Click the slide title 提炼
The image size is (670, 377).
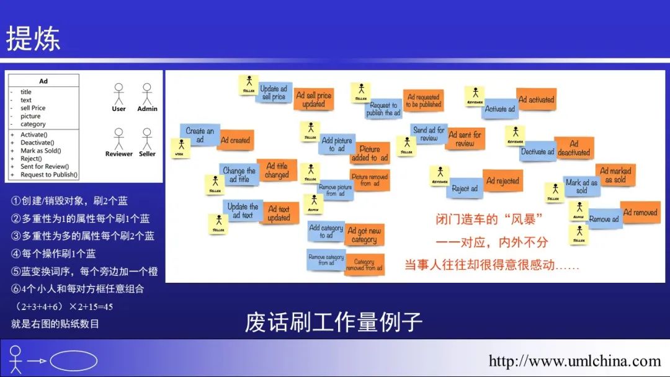(x=33, y=38)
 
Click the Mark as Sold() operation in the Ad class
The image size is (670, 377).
(x=41, y=151)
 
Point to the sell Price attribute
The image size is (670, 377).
(x=33, y=108)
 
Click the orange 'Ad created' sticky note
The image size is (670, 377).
(x=236, y=140)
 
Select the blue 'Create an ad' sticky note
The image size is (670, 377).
(x=199, y=135)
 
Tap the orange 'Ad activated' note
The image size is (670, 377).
(x=536, y=99)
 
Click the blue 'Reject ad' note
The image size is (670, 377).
(x=465, y=188)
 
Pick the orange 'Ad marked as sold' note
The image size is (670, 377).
(x=615, y=175)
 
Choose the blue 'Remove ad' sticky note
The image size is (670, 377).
(x=604, y=219)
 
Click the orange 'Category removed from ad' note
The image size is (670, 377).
(x=364, y=265)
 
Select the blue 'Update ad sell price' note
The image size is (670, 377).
(x=274, y=93)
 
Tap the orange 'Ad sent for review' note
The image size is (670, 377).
(x=465, y=139)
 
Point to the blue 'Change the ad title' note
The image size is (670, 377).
(x=239, y=175)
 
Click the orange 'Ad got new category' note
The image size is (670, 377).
(x=364, y=235)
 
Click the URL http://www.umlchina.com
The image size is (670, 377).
(x=574, y=361)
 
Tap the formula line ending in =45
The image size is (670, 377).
(x=62, y=307)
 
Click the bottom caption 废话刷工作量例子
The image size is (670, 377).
(x=334, y=322)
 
